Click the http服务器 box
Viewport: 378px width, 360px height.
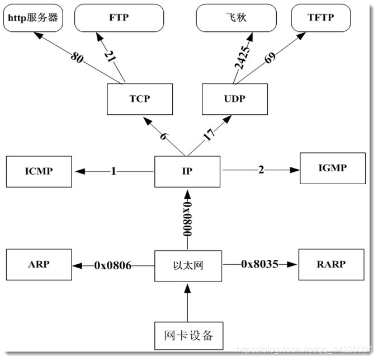[x=33, y=17]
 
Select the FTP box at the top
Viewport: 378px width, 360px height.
[x=119, y=17]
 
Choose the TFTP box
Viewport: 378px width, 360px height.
[x=320, y=17]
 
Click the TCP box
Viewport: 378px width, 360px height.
[x=139, y=99]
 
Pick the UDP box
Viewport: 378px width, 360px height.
[x=234, y=99]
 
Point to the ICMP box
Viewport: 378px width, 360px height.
[x=39, y=171]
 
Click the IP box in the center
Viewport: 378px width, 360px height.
[x=187, y=171]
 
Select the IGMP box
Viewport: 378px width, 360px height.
[x=333, y=167]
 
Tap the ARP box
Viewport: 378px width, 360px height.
[x=39, y=265]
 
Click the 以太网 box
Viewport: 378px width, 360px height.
[x=187, y=265]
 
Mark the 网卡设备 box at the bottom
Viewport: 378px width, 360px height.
[x=188, y=336]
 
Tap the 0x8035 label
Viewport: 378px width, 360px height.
[x=259, y=264]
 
